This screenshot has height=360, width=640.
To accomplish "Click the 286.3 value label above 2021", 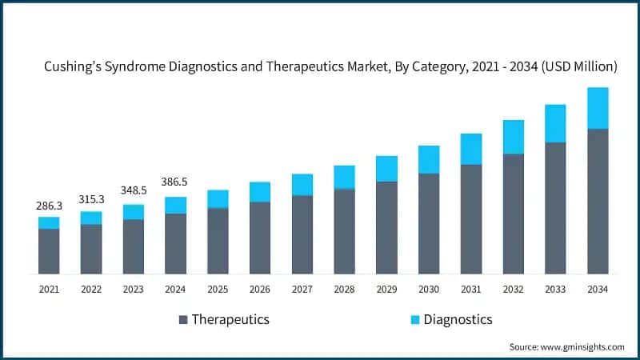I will coord(49,206).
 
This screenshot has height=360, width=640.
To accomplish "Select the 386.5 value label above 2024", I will coord(175,182).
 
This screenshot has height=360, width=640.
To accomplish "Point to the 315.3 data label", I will coord(91,199).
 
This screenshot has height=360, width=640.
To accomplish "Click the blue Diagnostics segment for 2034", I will coord(598,108).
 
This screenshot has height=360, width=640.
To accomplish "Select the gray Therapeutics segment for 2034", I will coord(598,201).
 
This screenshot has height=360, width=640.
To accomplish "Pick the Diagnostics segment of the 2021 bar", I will coord(49,222).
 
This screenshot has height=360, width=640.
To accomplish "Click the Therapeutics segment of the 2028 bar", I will coord(344,231).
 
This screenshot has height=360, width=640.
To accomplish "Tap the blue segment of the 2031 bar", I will coord(471,149).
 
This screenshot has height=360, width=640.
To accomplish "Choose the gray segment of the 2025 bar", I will coord(218,241).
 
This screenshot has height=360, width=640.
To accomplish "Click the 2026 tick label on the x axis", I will coord(260,289).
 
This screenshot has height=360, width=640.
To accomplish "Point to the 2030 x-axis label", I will coord(429,289).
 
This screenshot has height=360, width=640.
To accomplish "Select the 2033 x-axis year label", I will coord(555,289).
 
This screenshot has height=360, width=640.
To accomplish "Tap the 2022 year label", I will coord(91,289).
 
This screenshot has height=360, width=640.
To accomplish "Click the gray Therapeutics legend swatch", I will coord(183,320).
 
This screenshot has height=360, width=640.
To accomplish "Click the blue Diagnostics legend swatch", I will coord(414,320).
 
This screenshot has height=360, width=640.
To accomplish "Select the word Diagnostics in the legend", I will coord(458,320).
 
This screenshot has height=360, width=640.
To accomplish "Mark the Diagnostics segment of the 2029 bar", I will coord(386,169).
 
